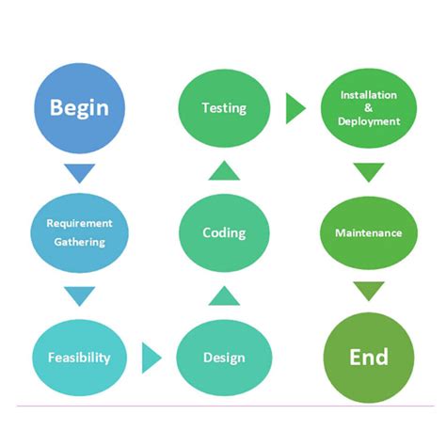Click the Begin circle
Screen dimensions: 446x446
(79, 106)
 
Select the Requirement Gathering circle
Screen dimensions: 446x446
(79, 232)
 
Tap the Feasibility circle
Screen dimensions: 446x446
(79, 358)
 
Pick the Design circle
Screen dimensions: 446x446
(224, 358)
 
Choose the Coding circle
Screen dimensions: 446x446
(224, 232)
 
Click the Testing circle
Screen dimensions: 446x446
(224, 107)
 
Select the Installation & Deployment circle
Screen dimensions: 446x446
(369, 107)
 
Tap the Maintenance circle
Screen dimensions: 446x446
(369, 232)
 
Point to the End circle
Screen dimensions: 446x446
(369, 358)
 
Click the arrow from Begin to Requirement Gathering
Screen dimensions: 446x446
(79, 173)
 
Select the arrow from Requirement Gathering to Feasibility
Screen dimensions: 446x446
(79, 296)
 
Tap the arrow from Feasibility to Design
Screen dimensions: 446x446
(151, 358)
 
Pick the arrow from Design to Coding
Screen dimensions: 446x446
(224, 295)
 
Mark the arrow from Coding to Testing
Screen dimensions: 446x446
(224, 170)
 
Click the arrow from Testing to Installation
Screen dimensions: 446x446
(295, 107)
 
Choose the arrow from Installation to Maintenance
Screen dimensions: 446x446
(369, 172)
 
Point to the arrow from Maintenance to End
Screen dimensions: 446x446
(369, 291)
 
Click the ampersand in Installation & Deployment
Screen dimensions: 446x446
(369, 108)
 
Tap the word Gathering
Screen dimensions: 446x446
(79, 242)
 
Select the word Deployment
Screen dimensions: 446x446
(369, 121)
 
